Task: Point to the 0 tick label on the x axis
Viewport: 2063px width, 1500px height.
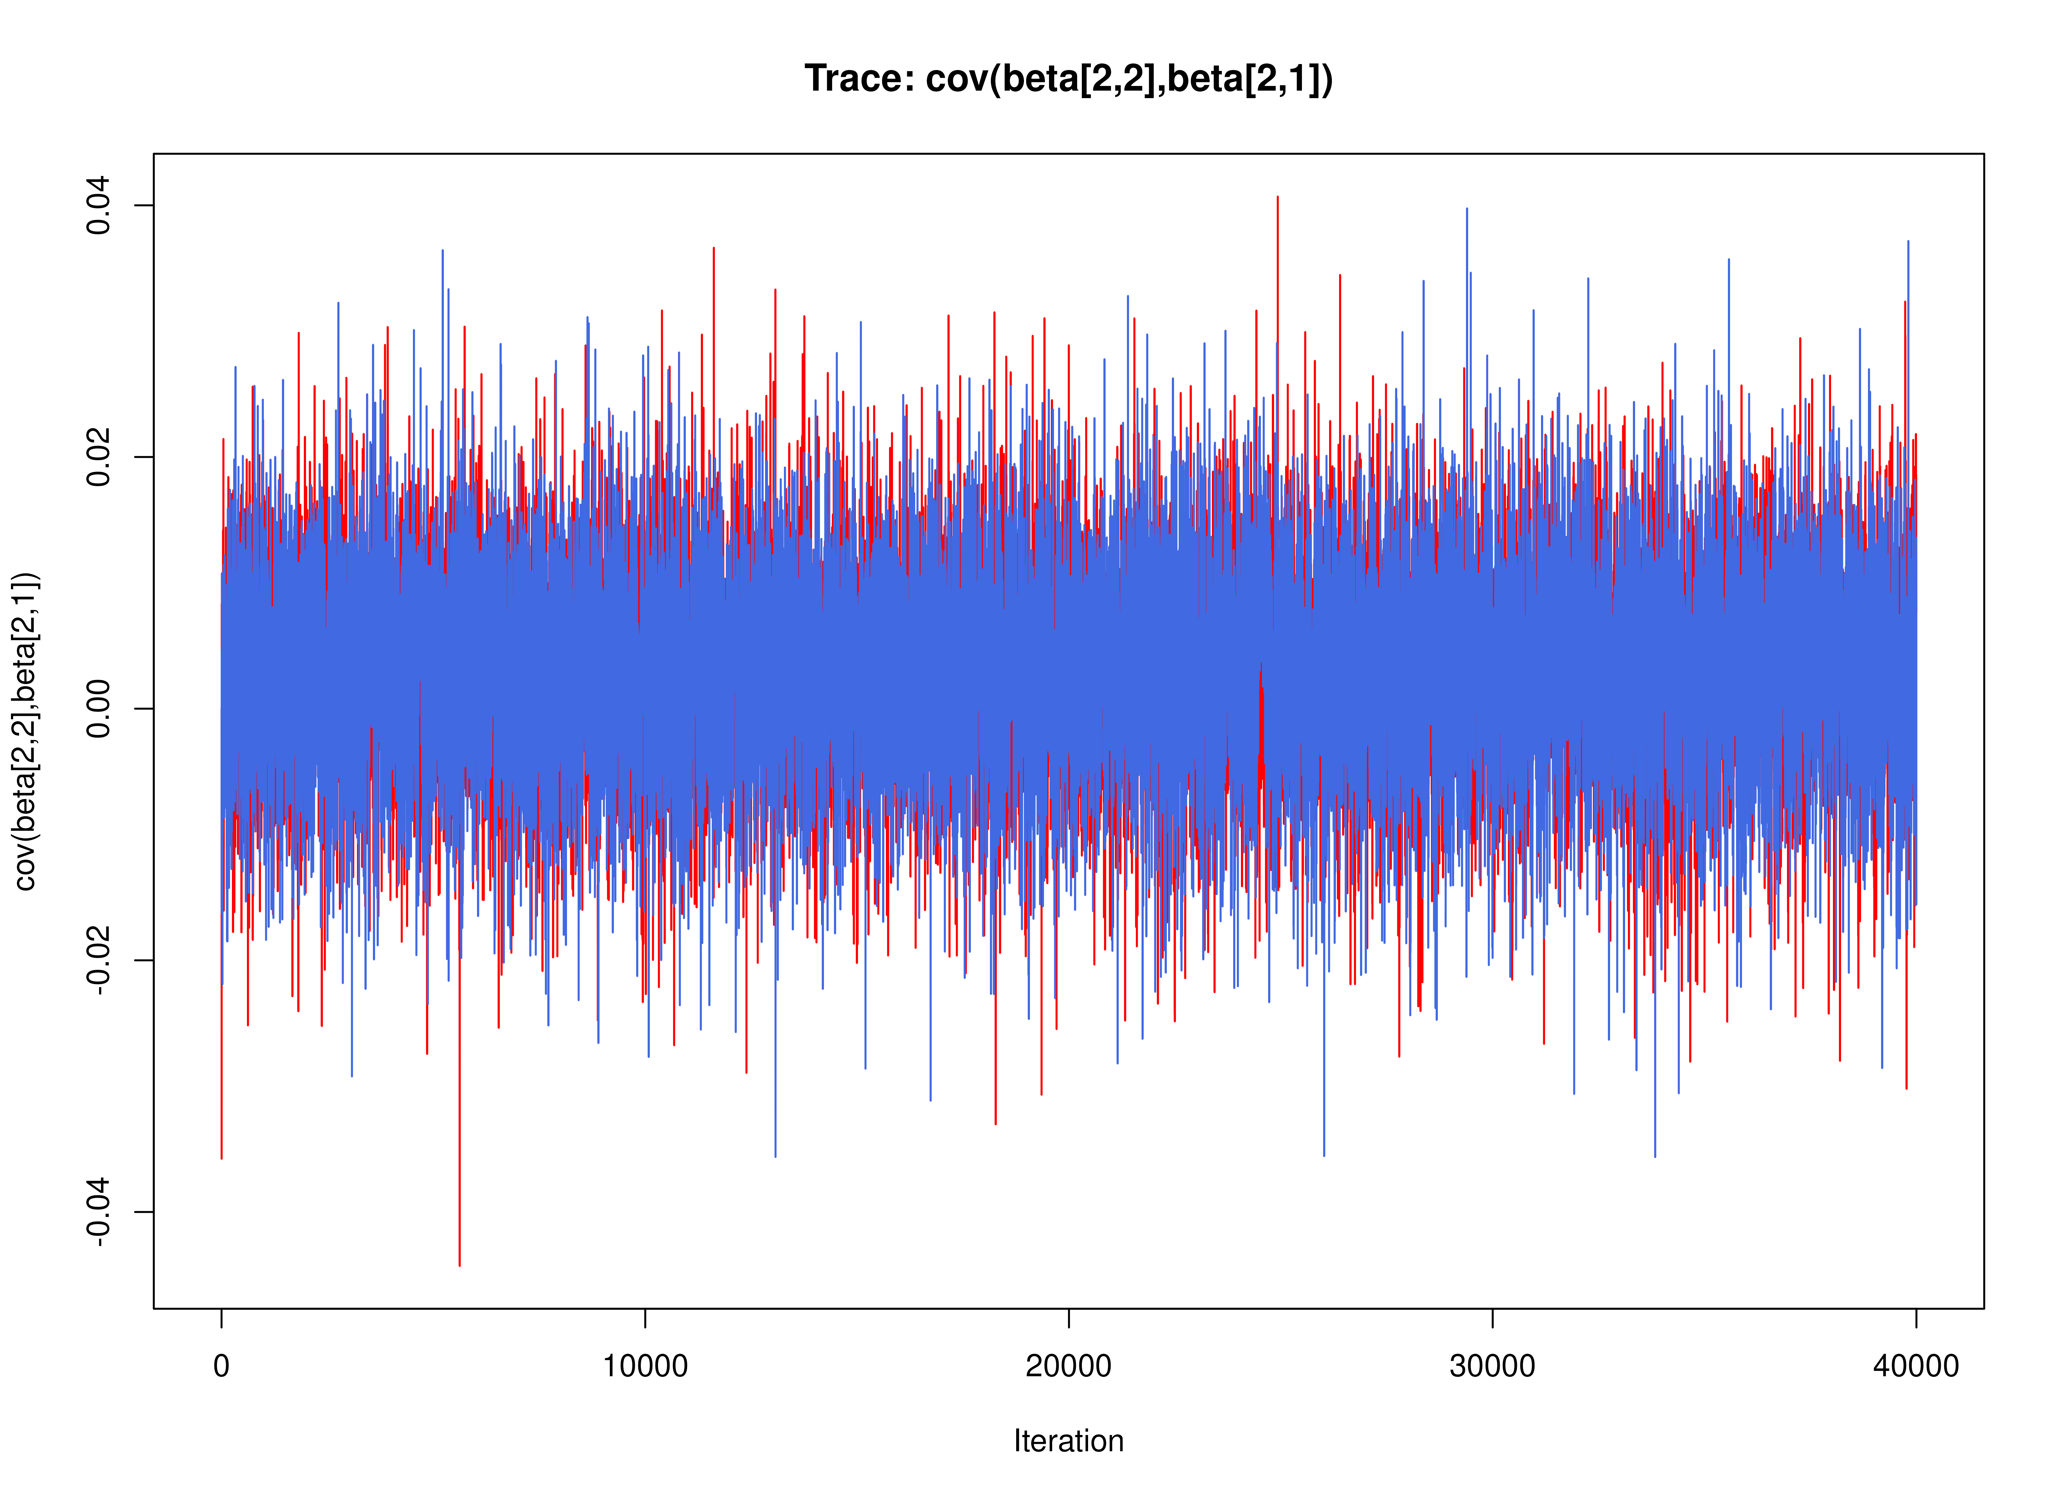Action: pos(221,1366)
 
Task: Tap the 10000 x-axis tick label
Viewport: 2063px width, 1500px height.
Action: pos(645,1366)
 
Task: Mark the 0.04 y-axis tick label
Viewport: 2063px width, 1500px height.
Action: pos(98,206)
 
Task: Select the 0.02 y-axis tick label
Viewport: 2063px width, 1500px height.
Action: pos(98,457)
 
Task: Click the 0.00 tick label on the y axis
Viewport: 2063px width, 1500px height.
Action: pos(98,709)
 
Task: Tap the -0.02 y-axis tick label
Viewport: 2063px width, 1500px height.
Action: pos(98,961)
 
